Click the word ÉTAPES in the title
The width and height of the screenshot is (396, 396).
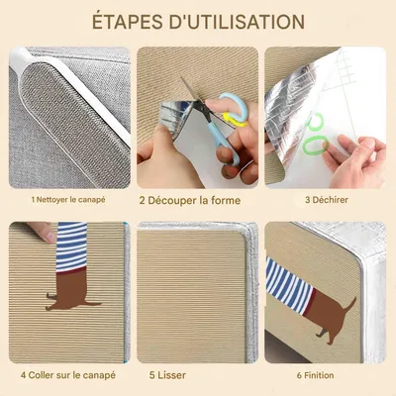pos(128,22)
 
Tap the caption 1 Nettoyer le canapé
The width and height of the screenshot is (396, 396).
pos(68,200)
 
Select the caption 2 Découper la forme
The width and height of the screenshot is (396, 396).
pos(190,200)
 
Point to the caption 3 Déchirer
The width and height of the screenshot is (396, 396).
pos(327,200)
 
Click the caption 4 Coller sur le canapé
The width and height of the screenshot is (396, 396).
pos(68,375)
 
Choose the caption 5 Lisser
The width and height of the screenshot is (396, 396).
pos(167,375)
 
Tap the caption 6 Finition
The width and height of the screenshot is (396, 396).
pos(315,375)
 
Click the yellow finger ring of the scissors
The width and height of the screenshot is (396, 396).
pos(235,120)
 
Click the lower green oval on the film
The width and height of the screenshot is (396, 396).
pos(315,146)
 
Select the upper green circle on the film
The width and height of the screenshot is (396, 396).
pos(315,122)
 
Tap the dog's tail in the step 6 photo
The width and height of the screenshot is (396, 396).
pos(350,304)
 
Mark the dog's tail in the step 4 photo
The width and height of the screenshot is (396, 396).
pos(94,303)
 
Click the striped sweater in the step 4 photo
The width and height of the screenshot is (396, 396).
pos(71,247)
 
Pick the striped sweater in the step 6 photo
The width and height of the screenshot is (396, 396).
pos(289,286)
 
